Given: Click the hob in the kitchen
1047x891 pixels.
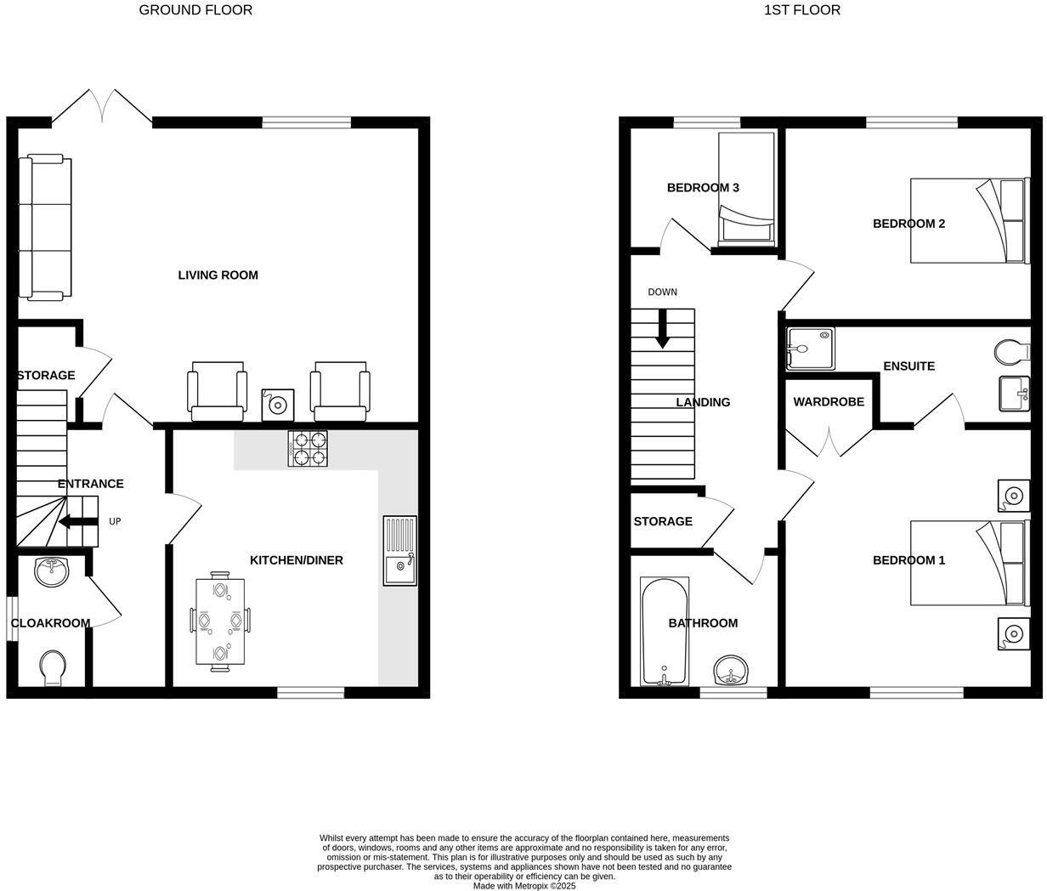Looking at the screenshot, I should [308, 449].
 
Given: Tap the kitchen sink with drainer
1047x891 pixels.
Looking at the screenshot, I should [399, 550].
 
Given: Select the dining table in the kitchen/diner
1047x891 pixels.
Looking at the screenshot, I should [220, 621].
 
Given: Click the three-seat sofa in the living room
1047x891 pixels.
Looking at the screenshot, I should [46, 227].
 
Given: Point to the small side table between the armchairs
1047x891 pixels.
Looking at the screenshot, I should [276, 404].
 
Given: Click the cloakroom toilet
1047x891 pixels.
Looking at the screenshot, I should [52, 667].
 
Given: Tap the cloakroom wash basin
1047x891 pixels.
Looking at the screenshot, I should [52, 570].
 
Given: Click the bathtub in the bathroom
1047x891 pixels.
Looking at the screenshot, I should [664, 632].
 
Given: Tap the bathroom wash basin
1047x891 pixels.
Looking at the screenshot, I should [731, 671].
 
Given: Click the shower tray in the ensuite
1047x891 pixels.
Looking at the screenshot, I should [810, 349].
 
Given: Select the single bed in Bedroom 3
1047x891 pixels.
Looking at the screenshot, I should [746, 189].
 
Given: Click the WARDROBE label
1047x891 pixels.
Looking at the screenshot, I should [828, 401].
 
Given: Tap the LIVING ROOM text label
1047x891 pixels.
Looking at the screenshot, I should [218, 275].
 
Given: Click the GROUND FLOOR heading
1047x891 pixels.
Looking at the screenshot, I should [195, 10].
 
